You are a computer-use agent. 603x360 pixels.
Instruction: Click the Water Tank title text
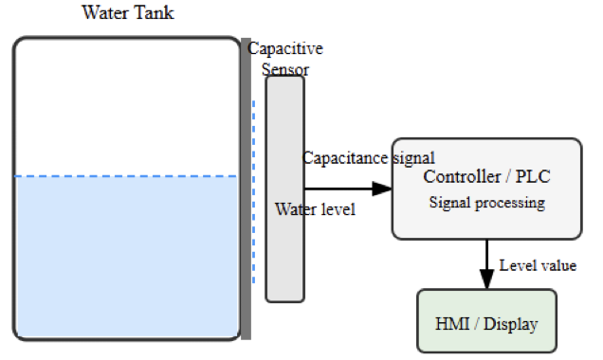(x=128, y=13)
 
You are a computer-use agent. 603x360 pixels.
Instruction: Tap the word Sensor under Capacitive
(x=285, y=68)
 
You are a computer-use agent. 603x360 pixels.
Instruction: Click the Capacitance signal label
(x=369, y=157)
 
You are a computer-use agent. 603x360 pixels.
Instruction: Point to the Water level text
(x=315, y=209)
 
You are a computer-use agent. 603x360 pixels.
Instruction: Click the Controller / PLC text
(x=486, y=177)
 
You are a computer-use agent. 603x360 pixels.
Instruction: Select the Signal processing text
(x=486, y=203)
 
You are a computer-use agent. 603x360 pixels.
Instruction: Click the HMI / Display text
(x=486, y=324)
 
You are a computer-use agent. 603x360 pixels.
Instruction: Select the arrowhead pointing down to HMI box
(x=487, y=281)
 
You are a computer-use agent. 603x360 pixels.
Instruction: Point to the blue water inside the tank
(x=126, y=256)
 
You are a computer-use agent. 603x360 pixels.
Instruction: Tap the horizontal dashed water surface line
(x=126, y=176)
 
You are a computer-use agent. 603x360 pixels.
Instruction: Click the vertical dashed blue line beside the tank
(x=254, y=189)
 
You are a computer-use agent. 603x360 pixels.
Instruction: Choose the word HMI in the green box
(x=451, y=324)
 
